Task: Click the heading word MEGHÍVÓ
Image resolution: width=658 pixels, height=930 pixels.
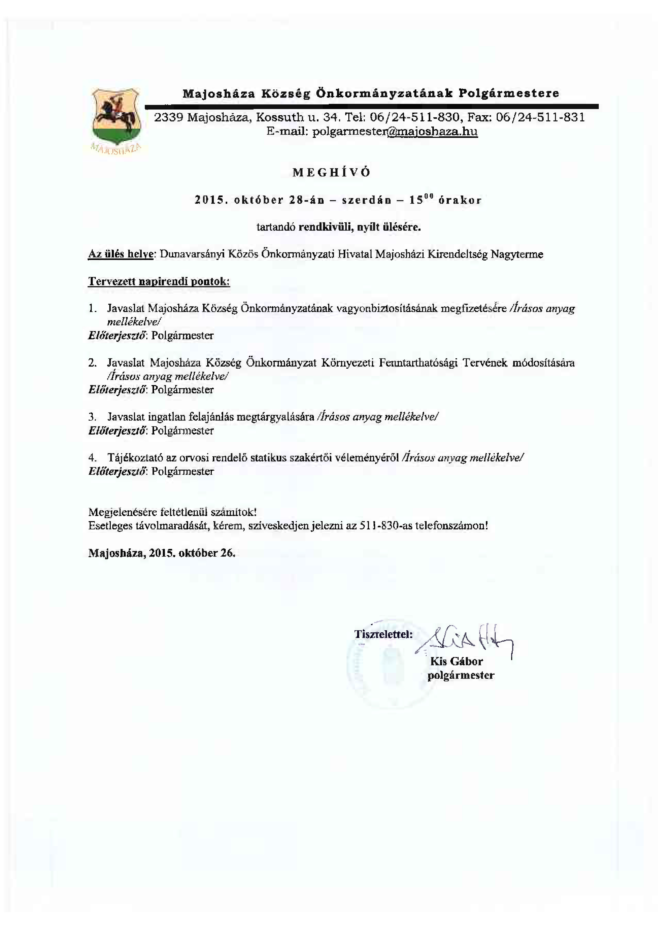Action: tap(331, 172)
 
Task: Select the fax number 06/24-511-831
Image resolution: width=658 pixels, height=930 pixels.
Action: tap(540, 117)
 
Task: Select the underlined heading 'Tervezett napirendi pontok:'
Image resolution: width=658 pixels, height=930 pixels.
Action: tap(159, 282)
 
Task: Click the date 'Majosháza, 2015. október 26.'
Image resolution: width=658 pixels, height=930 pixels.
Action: tap(162, 553)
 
